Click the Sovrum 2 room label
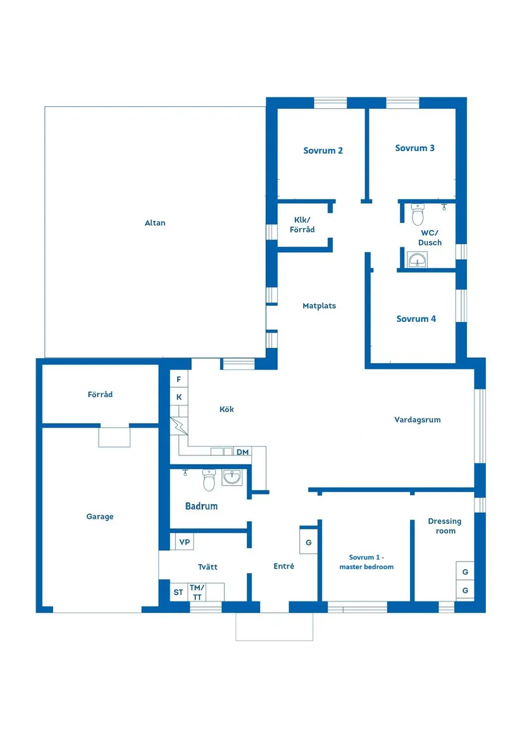323,151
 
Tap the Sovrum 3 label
414,148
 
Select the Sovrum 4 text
416,319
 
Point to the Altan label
155,223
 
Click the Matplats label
319,306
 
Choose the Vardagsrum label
418,420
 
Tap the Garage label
100,516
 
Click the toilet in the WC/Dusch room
418,214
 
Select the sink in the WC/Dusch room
417,260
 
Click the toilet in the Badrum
209,479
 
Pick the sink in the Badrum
232,477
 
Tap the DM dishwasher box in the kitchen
242,452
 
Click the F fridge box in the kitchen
179,379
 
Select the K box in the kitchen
179,397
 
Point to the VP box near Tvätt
184,542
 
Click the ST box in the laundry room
178,592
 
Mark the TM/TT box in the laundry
197,592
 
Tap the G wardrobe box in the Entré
309,542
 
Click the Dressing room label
445,526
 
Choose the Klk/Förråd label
302,224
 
